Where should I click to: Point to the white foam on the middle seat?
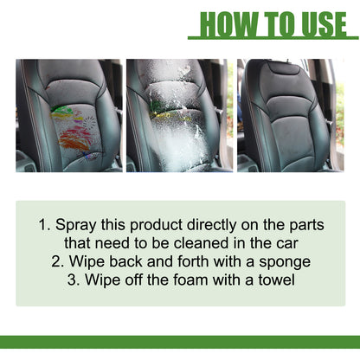point(177,130)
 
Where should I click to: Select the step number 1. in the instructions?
point(44,225)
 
